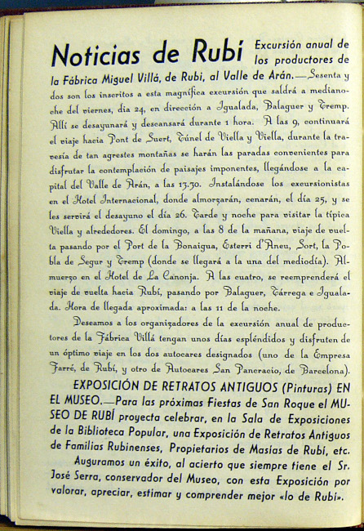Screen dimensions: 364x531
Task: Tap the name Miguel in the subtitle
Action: [149, 79]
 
